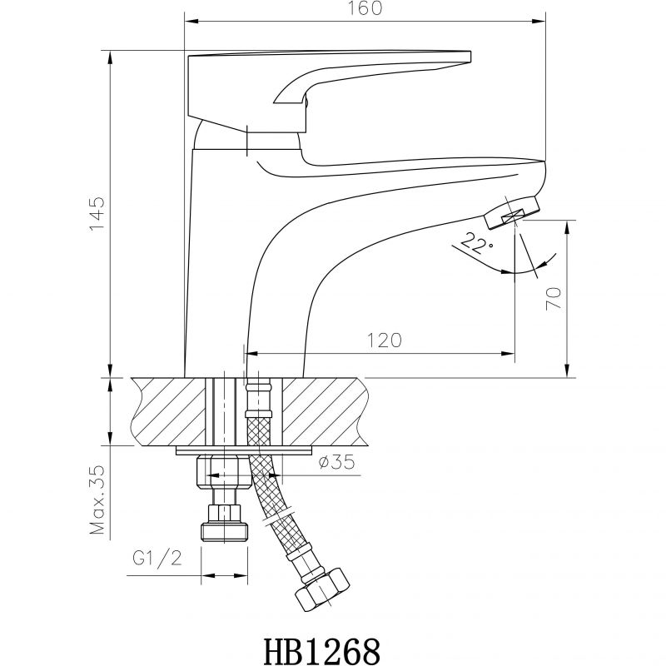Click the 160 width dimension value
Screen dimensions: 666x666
[365, 7]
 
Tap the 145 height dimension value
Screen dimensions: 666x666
[97, 214]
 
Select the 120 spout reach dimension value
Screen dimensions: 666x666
[384, 340]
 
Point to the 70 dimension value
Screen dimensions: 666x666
[554, 298]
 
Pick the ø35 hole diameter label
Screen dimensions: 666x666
[336, 462]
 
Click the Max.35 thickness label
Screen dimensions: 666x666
[97, 500]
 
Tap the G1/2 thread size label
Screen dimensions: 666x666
[157, 558]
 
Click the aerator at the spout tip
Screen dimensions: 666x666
[511, 212]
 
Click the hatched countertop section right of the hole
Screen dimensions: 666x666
[324, 411]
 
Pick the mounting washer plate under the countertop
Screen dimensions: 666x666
[244, 450]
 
